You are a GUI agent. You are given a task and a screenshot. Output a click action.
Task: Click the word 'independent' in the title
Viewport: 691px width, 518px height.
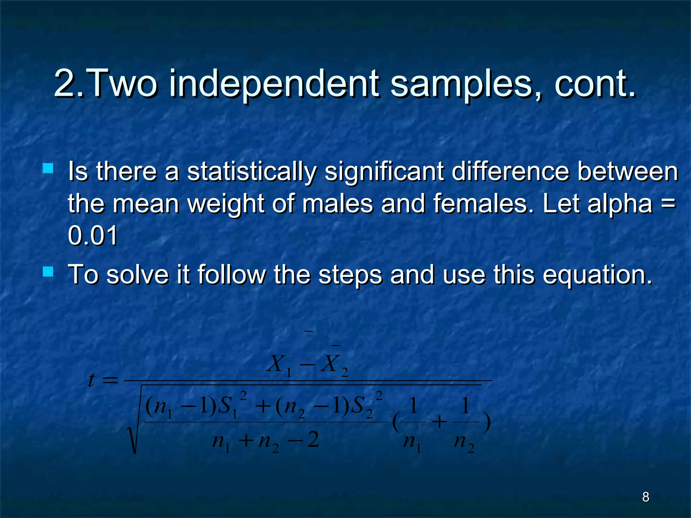pos(273,84)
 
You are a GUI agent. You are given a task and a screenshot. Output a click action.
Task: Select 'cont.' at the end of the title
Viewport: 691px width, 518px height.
pos(595,84)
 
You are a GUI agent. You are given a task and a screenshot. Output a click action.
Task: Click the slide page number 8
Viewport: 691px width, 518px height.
pos(645,497)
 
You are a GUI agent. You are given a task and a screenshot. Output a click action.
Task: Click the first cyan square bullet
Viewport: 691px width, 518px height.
pos(48,168)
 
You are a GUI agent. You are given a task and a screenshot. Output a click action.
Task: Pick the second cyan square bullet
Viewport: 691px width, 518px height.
pos(48,271)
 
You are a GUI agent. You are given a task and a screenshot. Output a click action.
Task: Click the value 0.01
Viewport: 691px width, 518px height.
pos(93,235)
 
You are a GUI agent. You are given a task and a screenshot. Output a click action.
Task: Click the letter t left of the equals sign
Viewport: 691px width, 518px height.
pos(90,380)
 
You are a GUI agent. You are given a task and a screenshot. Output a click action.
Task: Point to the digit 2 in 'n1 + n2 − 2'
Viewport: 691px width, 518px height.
pos(313,440)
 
